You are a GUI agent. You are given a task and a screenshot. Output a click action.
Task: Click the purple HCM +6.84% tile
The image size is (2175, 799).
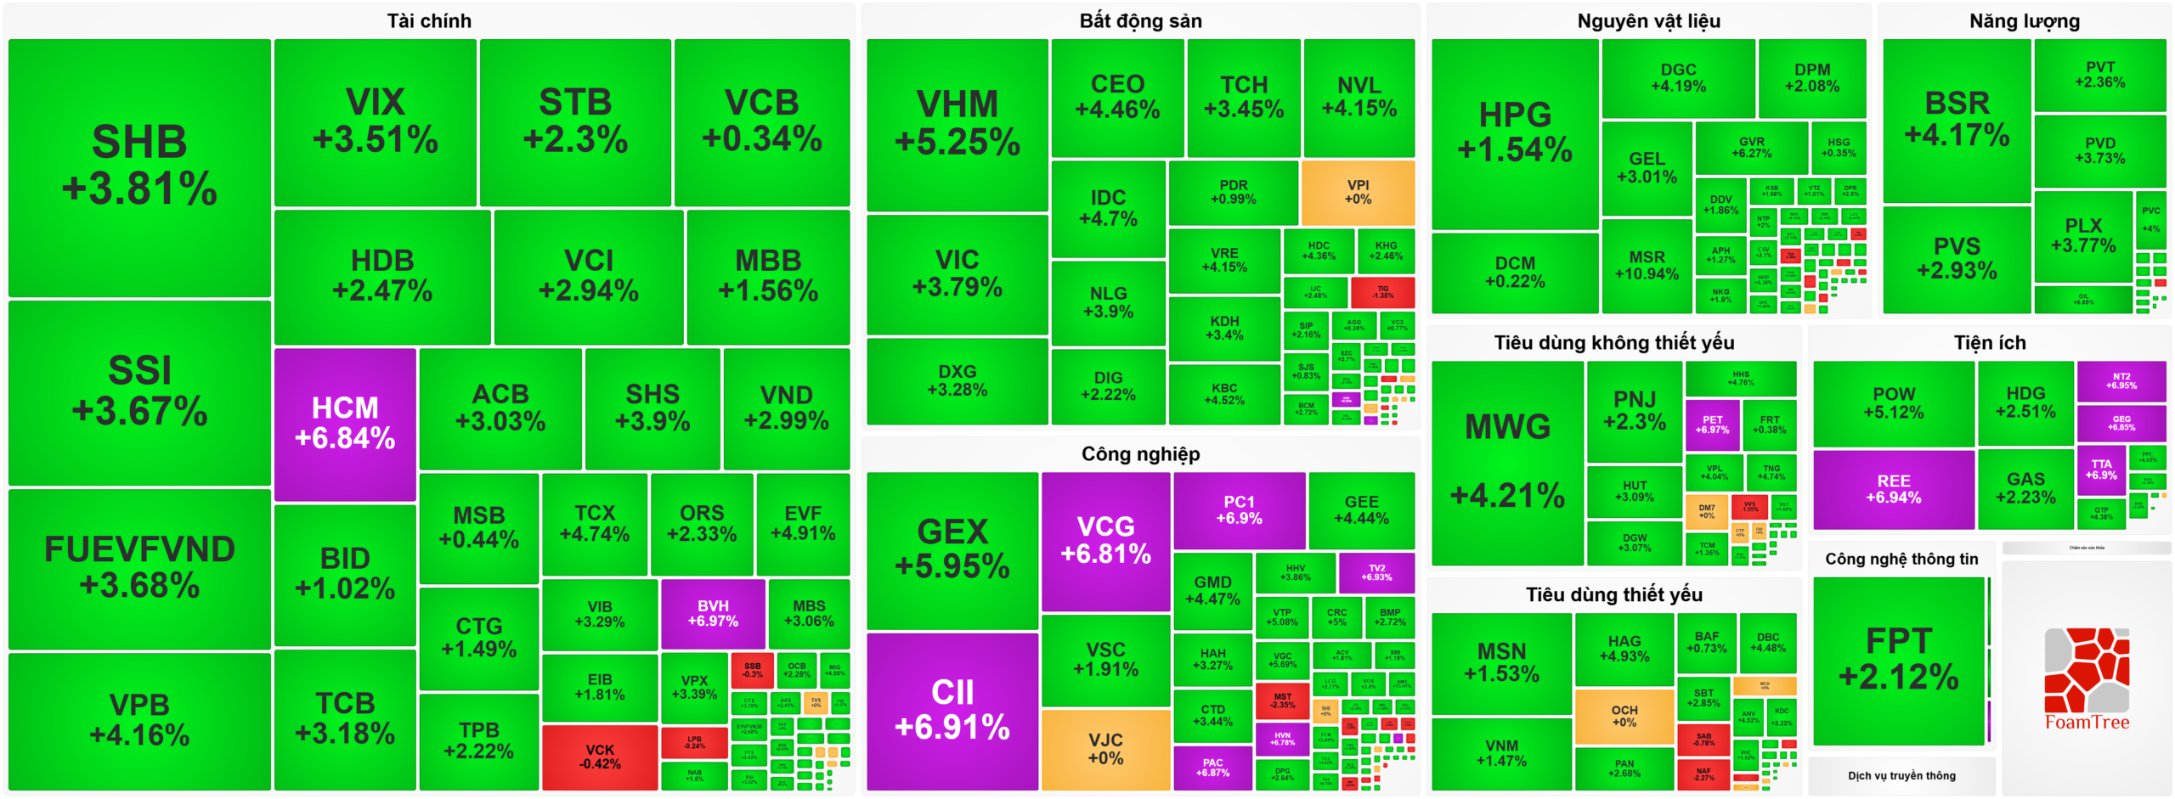(345, 423)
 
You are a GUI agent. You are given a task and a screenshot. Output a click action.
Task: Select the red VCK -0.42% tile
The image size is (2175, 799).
(599, 756)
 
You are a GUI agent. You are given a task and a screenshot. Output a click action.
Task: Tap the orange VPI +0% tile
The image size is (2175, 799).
(1357, 192)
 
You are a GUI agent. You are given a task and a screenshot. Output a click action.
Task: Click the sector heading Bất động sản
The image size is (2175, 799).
(1140, 21)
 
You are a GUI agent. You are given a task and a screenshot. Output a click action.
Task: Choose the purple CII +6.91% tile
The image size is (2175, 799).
(952, 710)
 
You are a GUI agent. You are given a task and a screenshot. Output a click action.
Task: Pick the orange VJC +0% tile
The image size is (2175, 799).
(1104, 749)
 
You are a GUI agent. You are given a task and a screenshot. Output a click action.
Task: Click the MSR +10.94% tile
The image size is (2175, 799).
(1646, 265)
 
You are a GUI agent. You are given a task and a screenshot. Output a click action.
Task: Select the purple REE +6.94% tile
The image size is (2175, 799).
(1893, 488)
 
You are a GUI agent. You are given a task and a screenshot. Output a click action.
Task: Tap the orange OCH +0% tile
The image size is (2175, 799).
(1624, 715)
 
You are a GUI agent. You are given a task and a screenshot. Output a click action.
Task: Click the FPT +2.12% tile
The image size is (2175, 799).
(1898, 659)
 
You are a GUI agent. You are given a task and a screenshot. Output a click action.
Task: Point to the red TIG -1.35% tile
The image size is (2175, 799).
(1382, 292)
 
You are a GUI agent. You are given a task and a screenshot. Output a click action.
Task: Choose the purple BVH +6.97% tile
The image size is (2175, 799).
(712, 613)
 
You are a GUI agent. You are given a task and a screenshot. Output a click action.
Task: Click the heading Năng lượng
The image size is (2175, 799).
(2024, 21)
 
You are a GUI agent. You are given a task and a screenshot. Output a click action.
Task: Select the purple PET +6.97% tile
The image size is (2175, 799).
(1712, 425)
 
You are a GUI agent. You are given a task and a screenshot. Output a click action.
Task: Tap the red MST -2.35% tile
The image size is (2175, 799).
(1282, 700)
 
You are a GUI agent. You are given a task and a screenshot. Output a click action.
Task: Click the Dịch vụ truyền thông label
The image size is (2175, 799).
(1901, 775)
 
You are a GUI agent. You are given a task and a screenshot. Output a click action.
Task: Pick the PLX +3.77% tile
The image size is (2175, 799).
(2082, 235)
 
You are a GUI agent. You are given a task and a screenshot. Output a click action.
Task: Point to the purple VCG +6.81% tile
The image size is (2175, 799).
(1104, 540)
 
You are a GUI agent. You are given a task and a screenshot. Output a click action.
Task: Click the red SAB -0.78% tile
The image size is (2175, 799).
(1703, 739)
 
